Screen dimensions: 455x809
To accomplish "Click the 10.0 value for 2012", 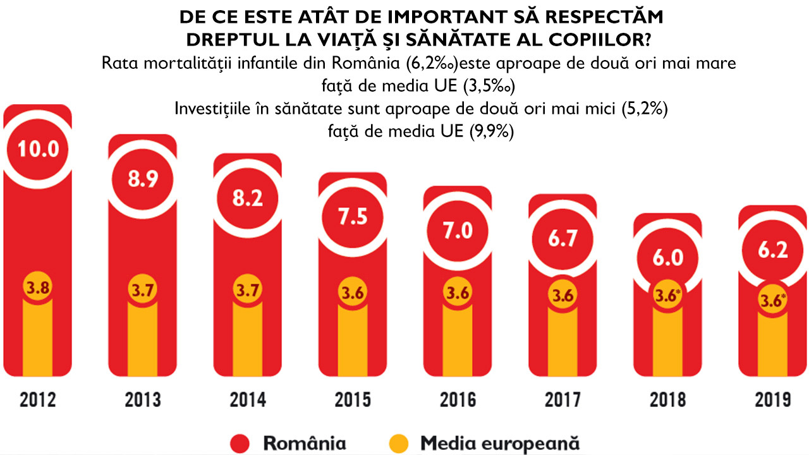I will [38, 149].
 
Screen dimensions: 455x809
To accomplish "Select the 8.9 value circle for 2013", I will [142, 179].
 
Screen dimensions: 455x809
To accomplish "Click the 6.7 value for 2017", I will [562, 239].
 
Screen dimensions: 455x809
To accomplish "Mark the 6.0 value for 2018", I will [667, 258].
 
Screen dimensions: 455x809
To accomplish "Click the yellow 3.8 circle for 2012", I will [38, 287].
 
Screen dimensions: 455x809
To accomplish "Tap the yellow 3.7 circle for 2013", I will [142, 291].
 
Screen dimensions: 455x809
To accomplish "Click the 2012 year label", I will [38, 400].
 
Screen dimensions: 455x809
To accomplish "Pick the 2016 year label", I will [457, 400].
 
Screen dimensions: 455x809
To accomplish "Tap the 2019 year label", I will [772, 400].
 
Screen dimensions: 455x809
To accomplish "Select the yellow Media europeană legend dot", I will [401, 443].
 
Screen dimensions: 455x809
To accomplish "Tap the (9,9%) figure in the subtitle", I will [491, 132].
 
